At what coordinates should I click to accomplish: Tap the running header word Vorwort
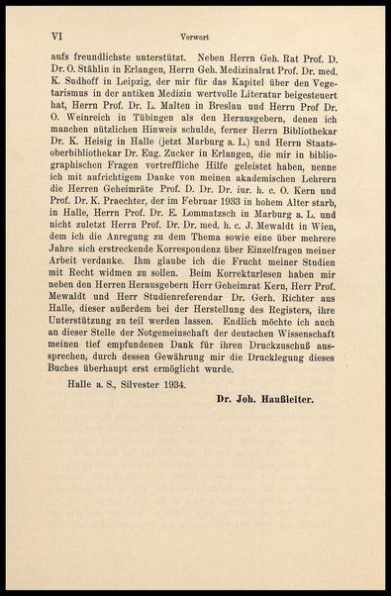click(x=195, y=33)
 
